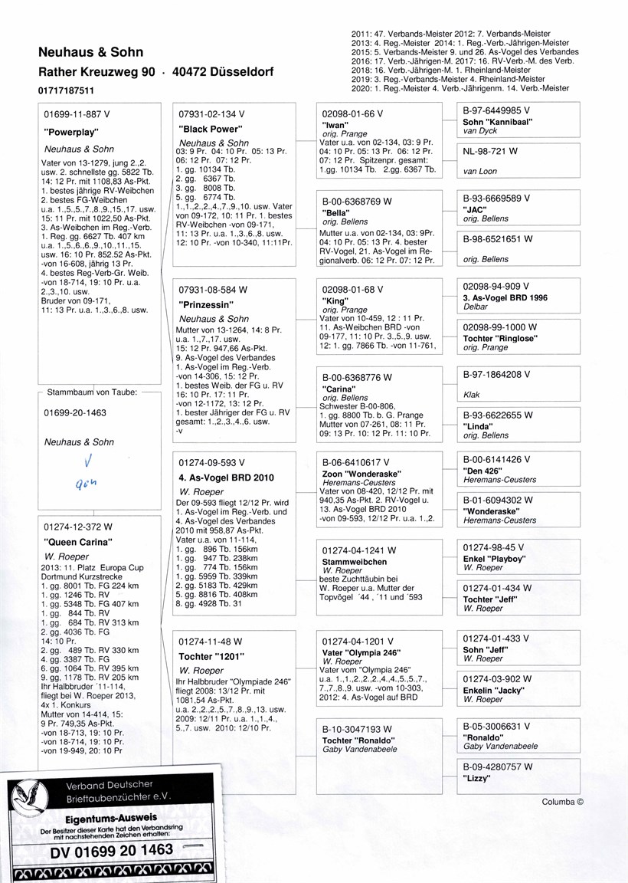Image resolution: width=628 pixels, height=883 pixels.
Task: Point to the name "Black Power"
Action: click(x=210, y=130)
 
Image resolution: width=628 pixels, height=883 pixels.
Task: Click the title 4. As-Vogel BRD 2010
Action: click(x=226, y=478)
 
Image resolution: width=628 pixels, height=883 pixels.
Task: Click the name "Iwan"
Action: click(x=336, y=123)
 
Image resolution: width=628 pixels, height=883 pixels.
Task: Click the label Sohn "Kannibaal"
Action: click(x=497, y=122)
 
